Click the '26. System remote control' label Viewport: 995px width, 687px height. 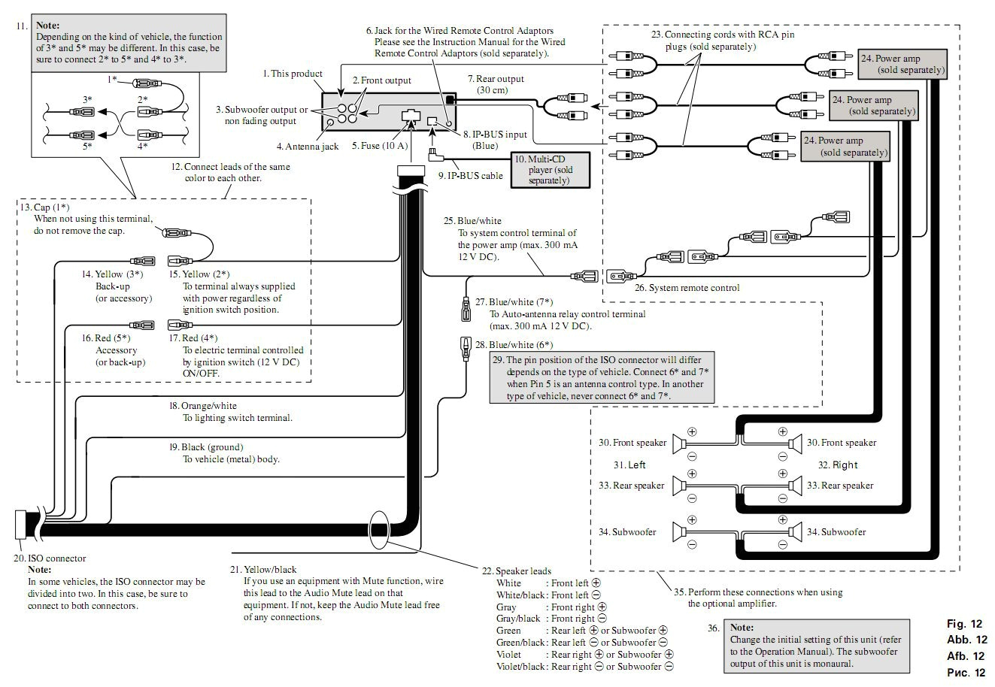tap(686, 287)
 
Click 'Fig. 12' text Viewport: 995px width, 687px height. tap(964, 624)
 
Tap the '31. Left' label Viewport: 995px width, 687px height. tap(629, 465)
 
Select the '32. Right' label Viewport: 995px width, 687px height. tap(838, 465)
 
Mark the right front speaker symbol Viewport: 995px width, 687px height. tap(795, 443)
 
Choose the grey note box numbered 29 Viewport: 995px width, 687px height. tap(601, 378)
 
